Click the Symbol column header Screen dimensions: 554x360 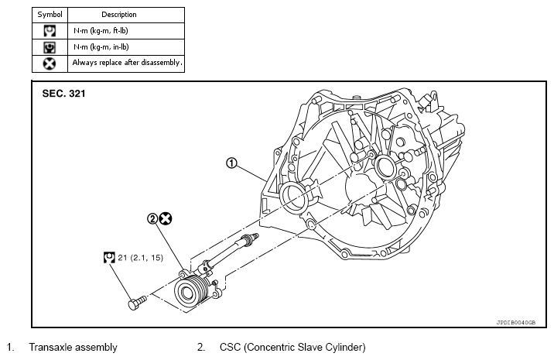pyautogui.click(x=50, y=15)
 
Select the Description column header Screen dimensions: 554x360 pyautogui.click(x=118, y=15)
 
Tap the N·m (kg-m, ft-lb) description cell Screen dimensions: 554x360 pyautogui.click(x=101, y=31)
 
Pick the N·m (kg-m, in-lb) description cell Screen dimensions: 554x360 pyautogui.click(x=101, y=47)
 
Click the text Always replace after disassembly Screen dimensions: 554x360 pyautogui.click(x=127, y=63)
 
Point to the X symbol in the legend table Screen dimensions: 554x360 pyautogui.click(x=50, y=63)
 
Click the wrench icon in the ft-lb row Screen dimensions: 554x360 pyautogui.click(x=50, y=31)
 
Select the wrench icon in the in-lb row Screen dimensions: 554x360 pyautogui.click(x=50, y=47)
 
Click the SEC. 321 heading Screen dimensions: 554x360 pyautogui.click(x=63, y=94)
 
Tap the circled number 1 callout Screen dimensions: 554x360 pyautogui.click(x=231, y=163)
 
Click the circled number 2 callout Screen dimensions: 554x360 pyautogui.click(x=152, y=219)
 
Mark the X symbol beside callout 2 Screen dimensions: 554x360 pyautogui.click(x=166, y=219)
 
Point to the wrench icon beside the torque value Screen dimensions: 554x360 pyautogui.click(x=109, y=258)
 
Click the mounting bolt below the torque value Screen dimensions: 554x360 pyautogui.click(x=137, y=303)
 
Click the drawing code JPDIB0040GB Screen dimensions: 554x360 pyautogui.click(x=516, y=323)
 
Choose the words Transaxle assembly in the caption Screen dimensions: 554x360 pyautogui.click(x=74, y=348)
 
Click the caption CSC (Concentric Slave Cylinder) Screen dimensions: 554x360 pyautogui.click(x=292, y=348)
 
